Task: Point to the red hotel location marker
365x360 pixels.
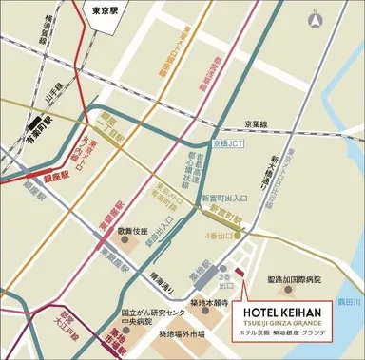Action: point(239,276)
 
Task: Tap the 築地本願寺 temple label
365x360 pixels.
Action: point(206,300)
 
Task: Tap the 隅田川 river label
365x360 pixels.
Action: point(351,302)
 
